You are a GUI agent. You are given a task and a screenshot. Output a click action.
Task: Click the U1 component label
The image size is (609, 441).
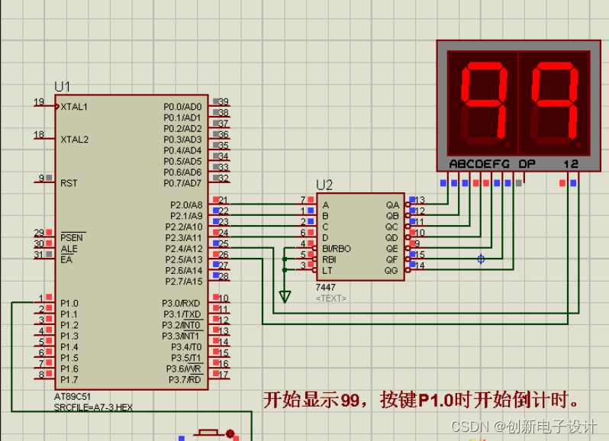point(63,87)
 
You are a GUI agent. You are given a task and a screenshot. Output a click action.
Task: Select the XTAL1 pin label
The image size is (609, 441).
point(74,107)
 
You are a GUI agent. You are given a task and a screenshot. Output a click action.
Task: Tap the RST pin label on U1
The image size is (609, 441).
point(69,183)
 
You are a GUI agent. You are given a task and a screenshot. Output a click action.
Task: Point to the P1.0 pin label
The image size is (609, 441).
point(69,303)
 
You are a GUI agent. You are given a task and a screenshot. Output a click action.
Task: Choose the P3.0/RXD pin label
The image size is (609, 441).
point(182,303)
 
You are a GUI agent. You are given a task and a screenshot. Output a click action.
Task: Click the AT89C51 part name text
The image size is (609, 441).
point(73,398)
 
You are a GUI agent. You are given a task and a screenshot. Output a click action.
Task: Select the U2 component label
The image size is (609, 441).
point(324,185)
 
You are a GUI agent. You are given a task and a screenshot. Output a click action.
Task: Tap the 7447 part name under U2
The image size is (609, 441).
point(325,287)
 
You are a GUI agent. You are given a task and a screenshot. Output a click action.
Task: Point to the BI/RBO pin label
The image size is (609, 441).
point(337,249)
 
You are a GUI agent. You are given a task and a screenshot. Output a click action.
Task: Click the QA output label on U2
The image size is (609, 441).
point(392,205)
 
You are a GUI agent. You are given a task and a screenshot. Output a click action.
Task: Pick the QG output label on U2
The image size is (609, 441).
point(391,270)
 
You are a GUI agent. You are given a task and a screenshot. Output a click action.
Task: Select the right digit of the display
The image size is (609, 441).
point(555,105)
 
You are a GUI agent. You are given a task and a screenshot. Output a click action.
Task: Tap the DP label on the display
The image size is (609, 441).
point(527,163)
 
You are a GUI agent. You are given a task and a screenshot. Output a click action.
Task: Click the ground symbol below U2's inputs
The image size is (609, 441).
point(285,296)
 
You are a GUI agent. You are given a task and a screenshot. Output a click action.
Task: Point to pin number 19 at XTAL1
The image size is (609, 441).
point(39,102)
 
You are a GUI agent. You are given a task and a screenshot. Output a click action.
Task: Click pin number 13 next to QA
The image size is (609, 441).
point(420,200)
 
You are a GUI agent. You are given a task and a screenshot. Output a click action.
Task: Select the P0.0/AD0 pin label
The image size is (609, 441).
point(182,107)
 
